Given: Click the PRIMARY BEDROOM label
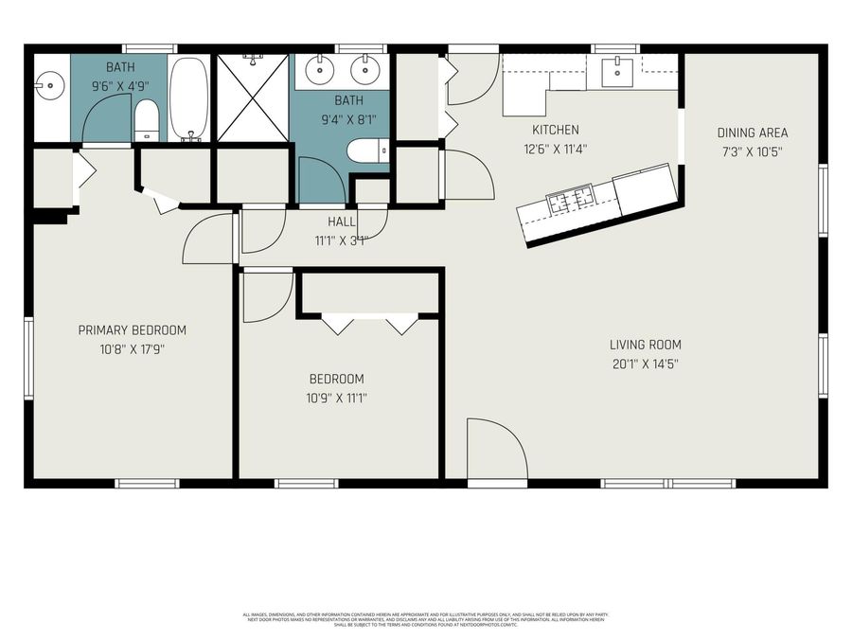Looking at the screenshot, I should tap(132, 330).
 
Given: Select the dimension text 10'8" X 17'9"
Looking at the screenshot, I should tap(132, 348).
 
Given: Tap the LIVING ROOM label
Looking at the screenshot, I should tap(645, 345).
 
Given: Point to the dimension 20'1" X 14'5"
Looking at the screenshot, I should tap(645, 364).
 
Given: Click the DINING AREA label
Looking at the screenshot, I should tap(752, 133).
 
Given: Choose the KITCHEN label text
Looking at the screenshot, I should tap(555, 130).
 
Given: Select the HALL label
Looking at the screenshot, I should tap(341, 221).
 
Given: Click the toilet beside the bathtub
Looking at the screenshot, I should tap(147, 120).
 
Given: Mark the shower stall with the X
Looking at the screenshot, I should tap(252, 98).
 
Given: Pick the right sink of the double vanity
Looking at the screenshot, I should tap(362, 69).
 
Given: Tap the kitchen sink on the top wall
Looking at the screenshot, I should tap(617, 69).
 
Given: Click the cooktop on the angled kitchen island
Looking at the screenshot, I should tap(571, 200).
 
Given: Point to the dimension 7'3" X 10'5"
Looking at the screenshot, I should tap(752, 151).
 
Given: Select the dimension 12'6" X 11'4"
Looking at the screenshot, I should tap(555, 148).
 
